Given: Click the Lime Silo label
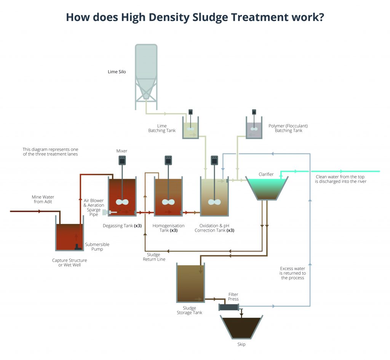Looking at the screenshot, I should point(117,72).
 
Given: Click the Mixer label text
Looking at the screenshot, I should point(121,151).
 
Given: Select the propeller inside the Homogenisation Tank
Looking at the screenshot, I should point(168,202).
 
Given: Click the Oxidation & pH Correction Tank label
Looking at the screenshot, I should point(214,228).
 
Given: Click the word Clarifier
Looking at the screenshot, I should point(267,174).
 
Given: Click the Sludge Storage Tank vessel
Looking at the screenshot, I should point(190,283).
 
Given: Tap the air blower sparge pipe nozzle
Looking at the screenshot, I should point(105,213).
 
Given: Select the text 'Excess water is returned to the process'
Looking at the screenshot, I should point(292,273).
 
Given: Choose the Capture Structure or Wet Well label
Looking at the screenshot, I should point(69,262).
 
